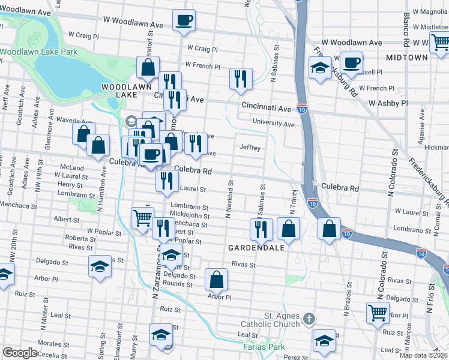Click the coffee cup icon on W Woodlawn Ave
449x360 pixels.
(x=184, y=20)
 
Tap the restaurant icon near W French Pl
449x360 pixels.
(x=240, y=79)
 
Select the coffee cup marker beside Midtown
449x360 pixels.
(x=351, y=62)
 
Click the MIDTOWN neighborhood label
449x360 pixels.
(x=407, y=58)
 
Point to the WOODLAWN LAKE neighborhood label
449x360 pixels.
(x=125, y=91)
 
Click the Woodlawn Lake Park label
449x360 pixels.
(x=39, y=52)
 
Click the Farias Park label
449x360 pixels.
(x=264, y=347)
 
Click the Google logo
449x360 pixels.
(x=20, y=353)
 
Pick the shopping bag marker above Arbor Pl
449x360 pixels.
(x=216, y=278)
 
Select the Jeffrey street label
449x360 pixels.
(x=250, y=147)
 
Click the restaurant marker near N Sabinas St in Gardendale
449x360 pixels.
(x=261, y=229)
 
